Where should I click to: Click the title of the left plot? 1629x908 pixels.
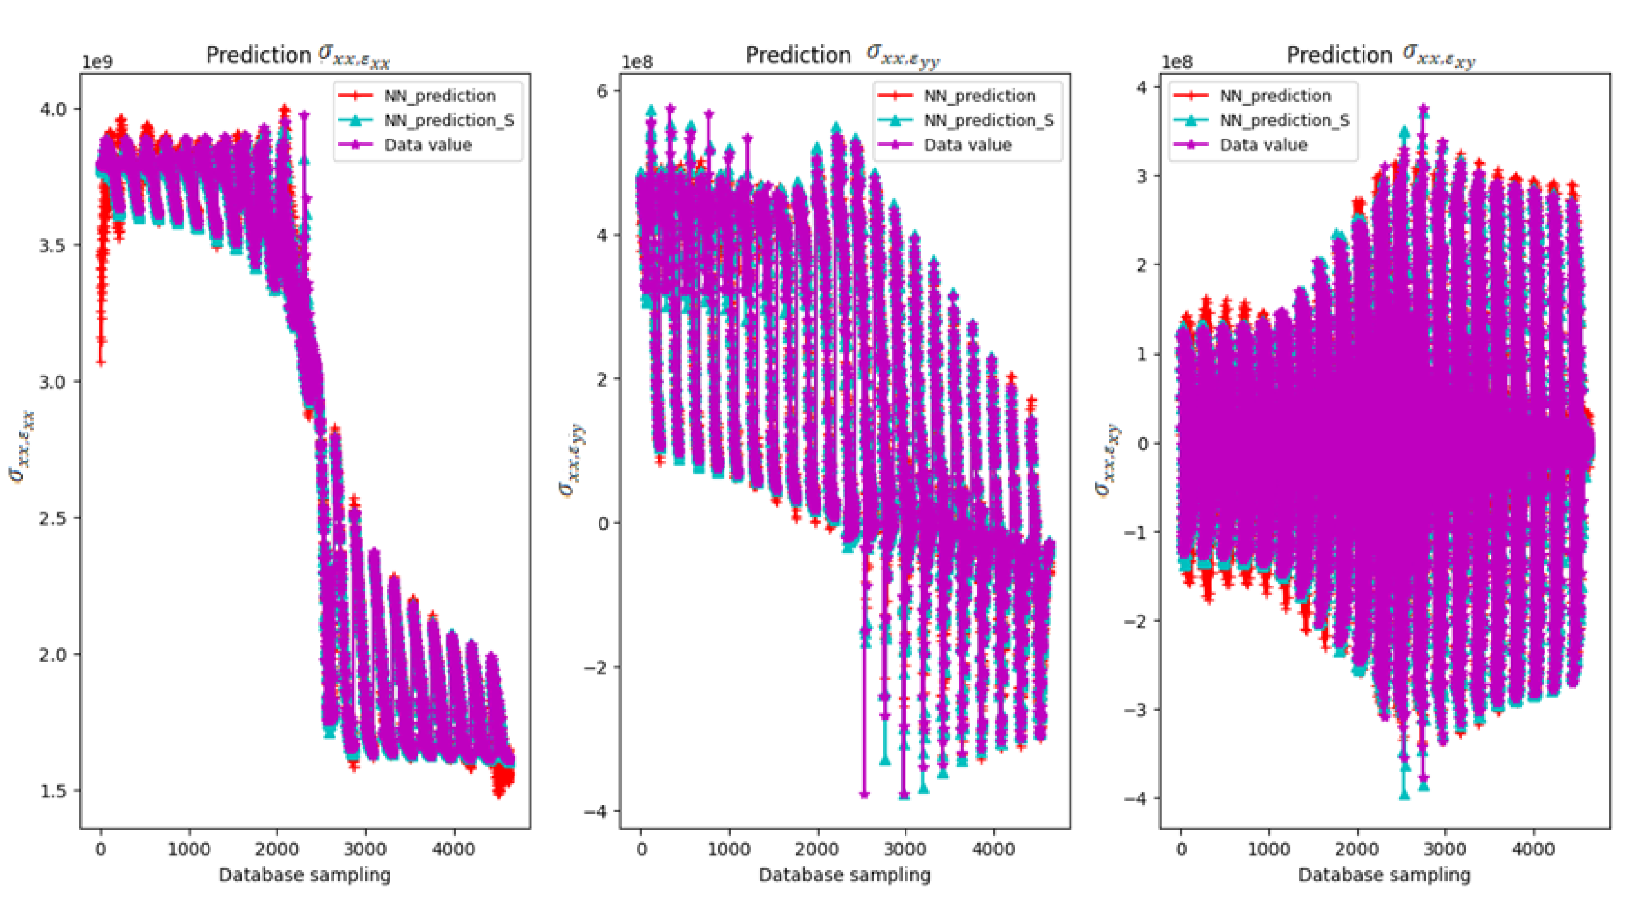(298, 56)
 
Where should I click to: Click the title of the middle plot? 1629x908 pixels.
(842, 56)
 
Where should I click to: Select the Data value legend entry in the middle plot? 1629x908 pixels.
(968, 145)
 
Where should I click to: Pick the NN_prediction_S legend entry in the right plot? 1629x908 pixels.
(1284, 120)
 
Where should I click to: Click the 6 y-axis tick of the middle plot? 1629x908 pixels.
(601, 90)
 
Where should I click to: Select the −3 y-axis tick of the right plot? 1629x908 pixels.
(1134, 710)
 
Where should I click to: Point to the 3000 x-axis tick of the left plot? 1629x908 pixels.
(365, 849)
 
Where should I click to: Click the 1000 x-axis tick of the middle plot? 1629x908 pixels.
(729, 849)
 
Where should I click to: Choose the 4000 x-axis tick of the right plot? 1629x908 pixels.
(1533, 849)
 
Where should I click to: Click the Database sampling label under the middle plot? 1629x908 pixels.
(844, 875)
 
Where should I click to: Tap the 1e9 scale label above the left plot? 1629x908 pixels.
(97, 62)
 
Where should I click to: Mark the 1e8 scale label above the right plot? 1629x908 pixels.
(1177, 62)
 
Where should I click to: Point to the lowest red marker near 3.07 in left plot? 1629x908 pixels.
(100, 362)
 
